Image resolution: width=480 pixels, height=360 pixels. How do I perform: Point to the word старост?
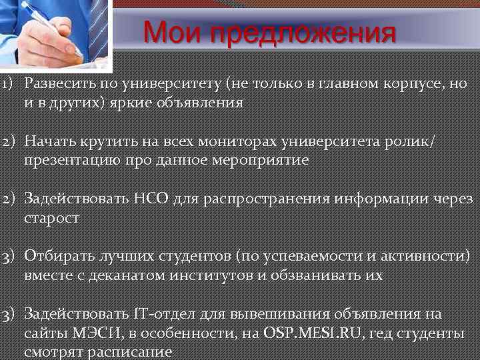click(52, 217)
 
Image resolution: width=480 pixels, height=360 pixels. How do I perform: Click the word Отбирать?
click(59, 256)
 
